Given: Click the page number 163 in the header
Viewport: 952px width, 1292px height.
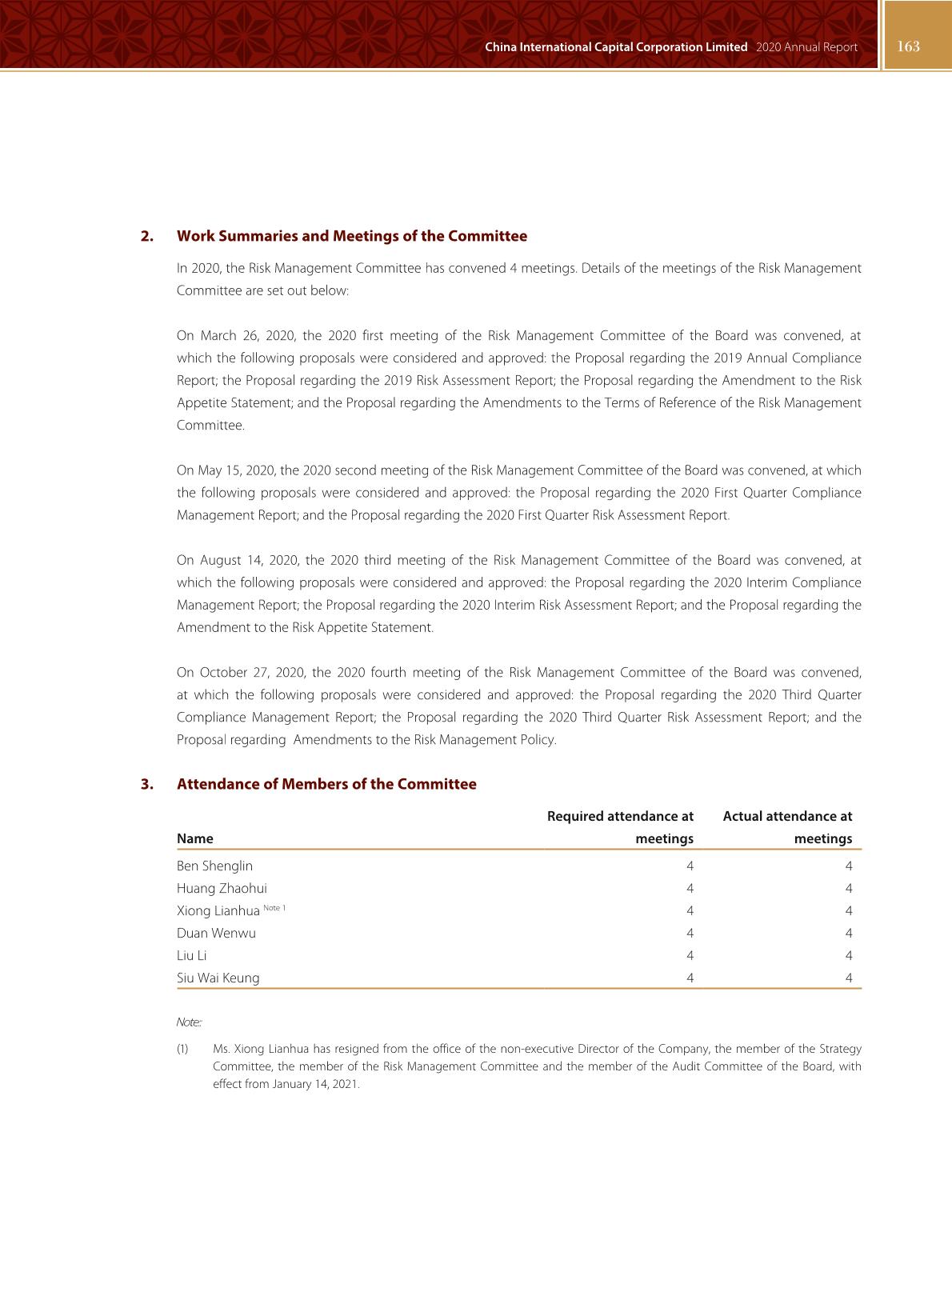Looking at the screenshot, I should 908,46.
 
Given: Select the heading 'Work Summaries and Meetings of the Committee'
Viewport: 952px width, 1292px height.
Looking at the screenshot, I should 352,236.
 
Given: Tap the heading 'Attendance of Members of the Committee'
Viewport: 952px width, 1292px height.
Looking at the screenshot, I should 326,784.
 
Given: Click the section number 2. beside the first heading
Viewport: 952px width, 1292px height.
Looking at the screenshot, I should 147,236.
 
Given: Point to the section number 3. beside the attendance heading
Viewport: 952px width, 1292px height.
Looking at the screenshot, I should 147,784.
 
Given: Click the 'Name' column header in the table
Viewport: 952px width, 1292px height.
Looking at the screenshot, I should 195,838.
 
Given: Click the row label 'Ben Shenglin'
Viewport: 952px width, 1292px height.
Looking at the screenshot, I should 214,866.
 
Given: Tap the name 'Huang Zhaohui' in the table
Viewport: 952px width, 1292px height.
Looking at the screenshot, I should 222,888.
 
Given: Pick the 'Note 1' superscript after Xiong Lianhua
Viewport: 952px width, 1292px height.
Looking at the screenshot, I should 274,908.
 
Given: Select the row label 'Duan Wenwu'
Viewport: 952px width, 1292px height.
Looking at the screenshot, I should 216,933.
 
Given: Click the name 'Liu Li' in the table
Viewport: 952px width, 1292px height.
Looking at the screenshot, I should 192,955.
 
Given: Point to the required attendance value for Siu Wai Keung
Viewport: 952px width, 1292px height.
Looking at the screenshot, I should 690,978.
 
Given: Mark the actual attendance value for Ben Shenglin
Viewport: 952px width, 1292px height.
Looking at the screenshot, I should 848,866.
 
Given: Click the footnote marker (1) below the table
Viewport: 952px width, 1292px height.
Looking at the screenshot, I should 182,1049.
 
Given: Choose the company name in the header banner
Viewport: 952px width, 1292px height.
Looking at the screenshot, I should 616,47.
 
